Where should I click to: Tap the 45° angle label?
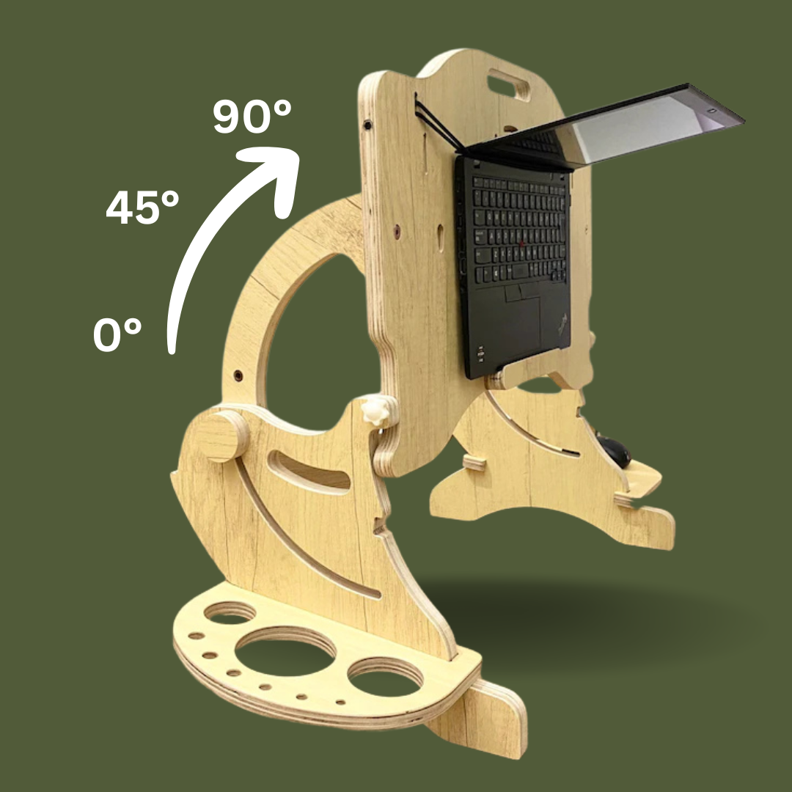142,207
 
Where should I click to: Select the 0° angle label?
117,334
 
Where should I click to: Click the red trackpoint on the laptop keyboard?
521,244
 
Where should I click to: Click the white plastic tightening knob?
375,411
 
